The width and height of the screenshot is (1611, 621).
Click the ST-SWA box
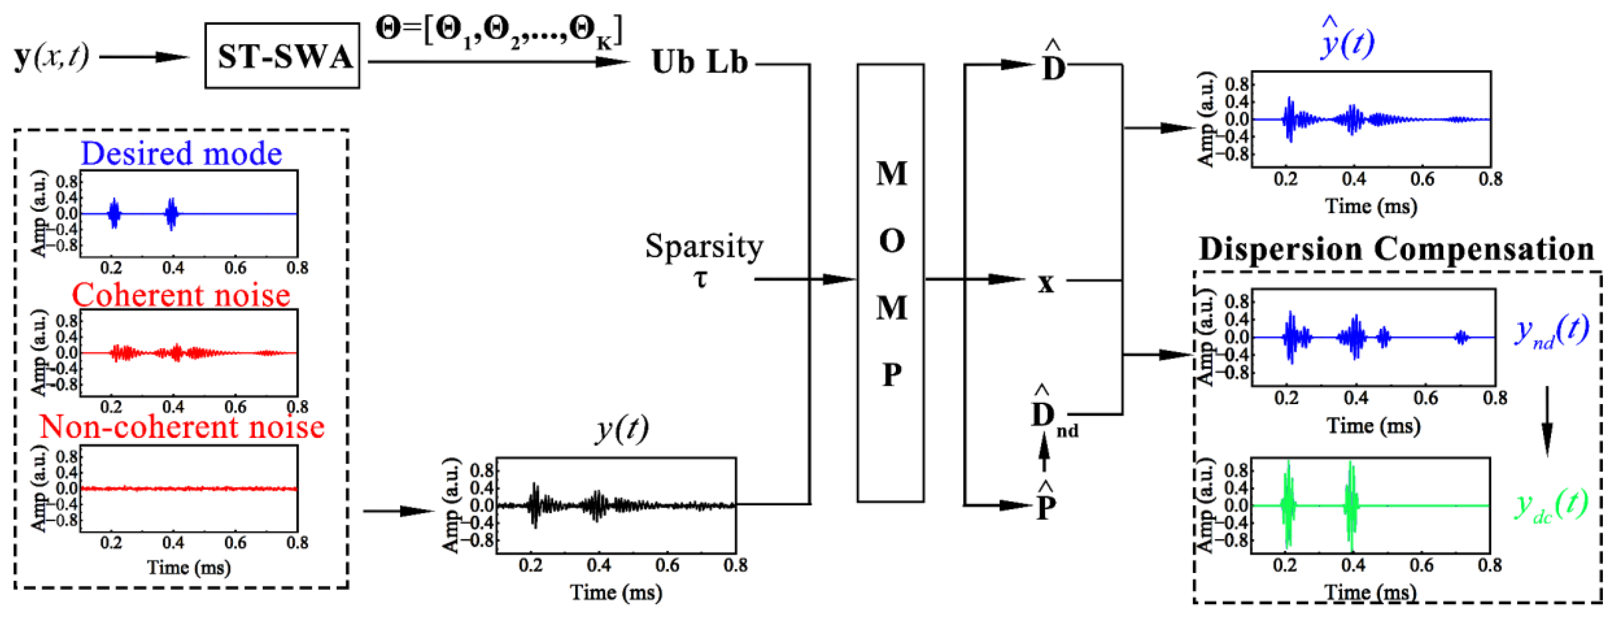(x=282, y=56)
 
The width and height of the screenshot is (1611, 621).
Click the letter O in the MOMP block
(x=891, y=242)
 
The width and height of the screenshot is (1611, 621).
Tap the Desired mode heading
(x=181, y=154)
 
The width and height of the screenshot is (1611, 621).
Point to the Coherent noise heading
(x=181, y=295)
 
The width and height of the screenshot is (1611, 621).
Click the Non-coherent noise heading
(x=182, y=427)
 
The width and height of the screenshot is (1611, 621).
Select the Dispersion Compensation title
(x=1396, y=249)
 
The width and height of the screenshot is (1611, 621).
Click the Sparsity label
(x=704, y=246)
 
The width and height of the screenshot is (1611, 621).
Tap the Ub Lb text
(x=699, y=62)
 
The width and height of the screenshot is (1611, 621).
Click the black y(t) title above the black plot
(x=621, y=429)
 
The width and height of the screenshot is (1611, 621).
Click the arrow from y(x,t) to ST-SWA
(x=144, y=57)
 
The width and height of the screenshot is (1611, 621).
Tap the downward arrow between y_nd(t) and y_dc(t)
(x=1547, y=422)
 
